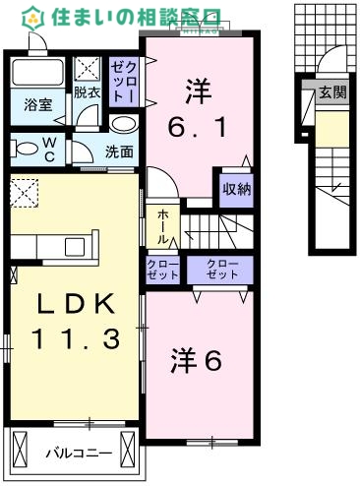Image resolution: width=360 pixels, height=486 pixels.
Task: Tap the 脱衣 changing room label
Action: pyautogui.click(x=87, y=93)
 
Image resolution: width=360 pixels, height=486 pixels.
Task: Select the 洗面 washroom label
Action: pyautogui.click(x=120, y=152)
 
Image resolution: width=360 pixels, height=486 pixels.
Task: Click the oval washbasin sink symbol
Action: pyautogui.click(x=124, y=124)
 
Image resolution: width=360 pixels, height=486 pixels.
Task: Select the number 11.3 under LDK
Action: pyautogui.click(x=75, y=340)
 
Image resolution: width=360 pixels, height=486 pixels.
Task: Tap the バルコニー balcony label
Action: pyautogui.click(x=77, y=454)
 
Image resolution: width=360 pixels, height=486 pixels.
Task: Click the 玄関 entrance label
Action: pyautogui.click(x=331, y=93)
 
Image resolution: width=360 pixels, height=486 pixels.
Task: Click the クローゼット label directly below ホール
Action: pyautogui.click(x=163, y=270)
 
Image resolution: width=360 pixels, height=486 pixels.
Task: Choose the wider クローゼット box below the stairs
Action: pyautogui.click(x=223, y=270)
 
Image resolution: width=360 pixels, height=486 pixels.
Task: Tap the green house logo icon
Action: pyautogui.click(x=33, y=17)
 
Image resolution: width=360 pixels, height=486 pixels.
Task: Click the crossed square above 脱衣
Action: pyautogui.click(x=88, y=68)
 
